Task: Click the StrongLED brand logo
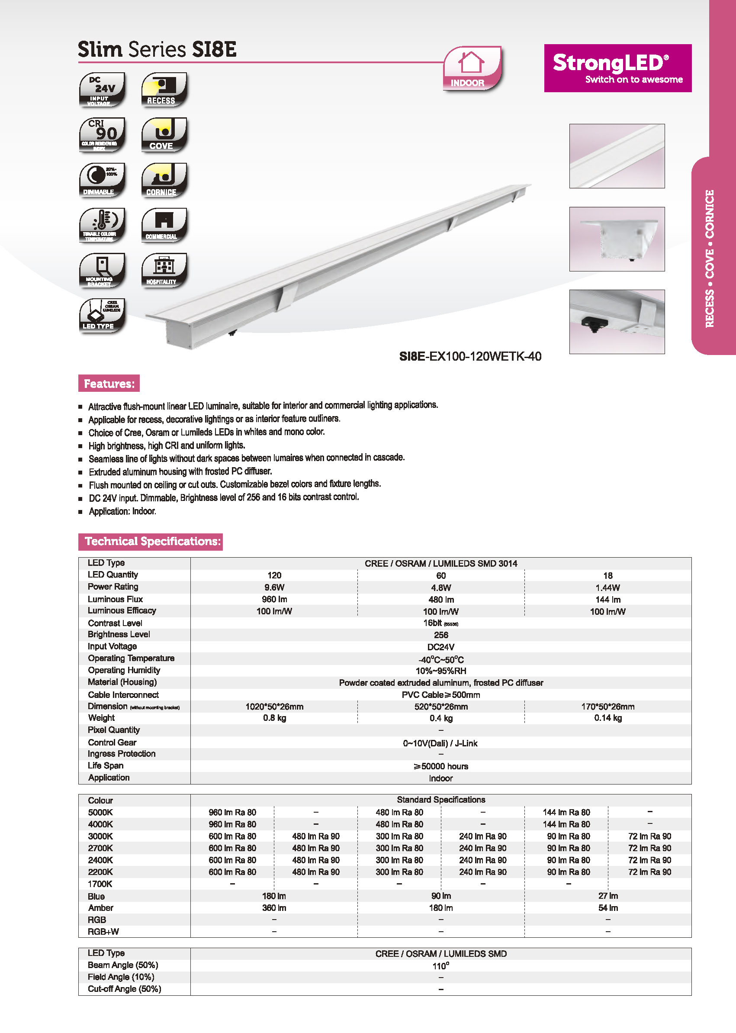tap(617, 68)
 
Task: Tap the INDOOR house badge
tap(472, 68)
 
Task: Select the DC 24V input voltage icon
tap(102, 89)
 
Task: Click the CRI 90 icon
tap(102, 135)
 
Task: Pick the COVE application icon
tap(164, 135)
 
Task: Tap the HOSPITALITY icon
tap(164, 270)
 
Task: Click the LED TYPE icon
tap(102, 316)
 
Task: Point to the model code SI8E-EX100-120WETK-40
tap(470, 356)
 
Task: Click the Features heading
tap(109, 384)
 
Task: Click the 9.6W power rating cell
tap(274, 588)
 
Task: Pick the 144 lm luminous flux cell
tap(608, 600)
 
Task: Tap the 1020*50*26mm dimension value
tap(274, 707)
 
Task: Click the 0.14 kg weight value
tap(608, 718)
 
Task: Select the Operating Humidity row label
tap(124, 670)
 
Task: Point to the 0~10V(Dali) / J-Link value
tap(440, 743)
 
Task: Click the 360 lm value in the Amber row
tap(274, 908)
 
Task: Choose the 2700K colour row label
tap(100, 848)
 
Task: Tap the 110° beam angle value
tap(440, 966)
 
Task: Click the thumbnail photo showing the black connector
tap(617, 322)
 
